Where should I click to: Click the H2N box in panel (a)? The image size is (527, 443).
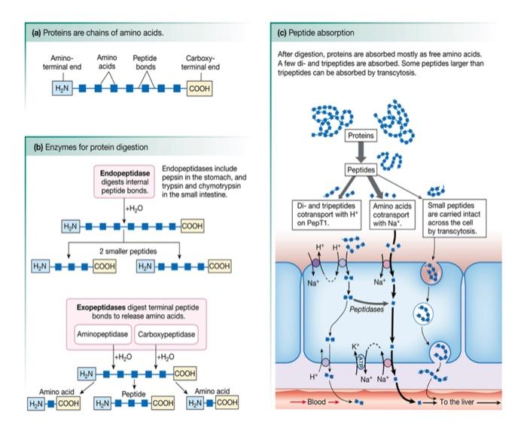coord(60,89)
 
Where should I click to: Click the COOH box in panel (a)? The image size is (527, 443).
coord(200,89)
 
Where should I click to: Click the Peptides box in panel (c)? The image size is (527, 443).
coord(361,170)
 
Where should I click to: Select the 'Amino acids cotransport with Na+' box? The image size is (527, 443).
coord(390,213)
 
